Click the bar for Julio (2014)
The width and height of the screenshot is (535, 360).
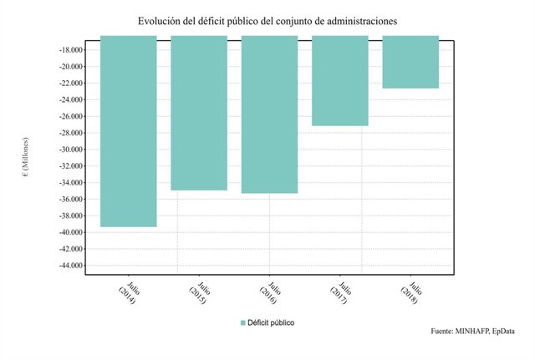(x=128, y=131)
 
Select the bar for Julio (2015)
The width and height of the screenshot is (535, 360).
(x=199, y=113)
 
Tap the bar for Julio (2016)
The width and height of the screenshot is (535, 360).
(x=269, y=114)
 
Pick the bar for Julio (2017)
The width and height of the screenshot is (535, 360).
(x=340, y=80)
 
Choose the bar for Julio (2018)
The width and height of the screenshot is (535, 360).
(x=410, y=62)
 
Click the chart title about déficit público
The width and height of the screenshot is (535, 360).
(x=267, y=18)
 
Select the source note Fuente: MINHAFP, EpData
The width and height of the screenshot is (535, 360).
(x=471, y=332)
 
